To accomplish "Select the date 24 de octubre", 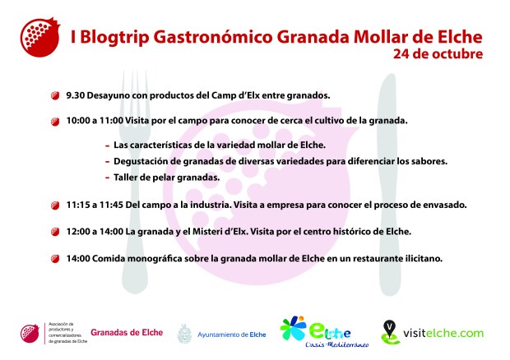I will click(x=438, y=55).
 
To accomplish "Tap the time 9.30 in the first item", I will click(x=75, y=95).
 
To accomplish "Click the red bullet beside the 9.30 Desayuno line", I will click(x=55, y=95).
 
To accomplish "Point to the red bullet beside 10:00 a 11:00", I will click(x=55, y=121).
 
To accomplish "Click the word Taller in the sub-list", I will click(x=127, y=178).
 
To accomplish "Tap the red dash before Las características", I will click(x=107, y=145).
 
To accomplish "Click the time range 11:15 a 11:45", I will click(x=95, y=205).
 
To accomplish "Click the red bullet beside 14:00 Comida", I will click(x=55, y=259).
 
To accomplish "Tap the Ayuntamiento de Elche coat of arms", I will click(x=183, y=333).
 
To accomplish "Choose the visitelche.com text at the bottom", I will click(x=443, y=333).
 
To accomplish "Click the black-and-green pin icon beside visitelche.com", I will click(x=390, y=332).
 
